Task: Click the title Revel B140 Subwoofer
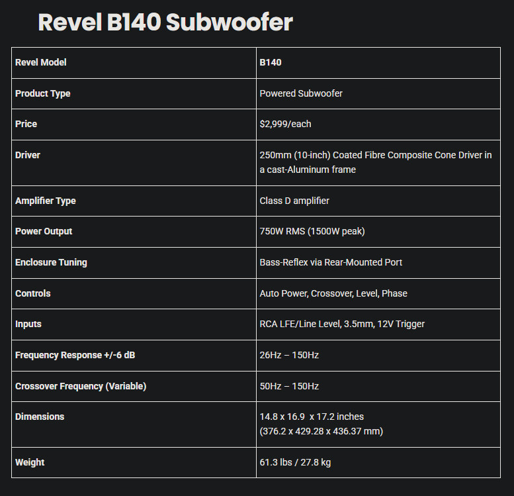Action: click(x=165, y=23)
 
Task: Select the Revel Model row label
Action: click(x=40, y=62)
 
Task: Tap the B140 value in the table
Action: click(x=271, y=62)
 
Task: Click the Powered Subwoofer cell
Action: click(x=301, y=93)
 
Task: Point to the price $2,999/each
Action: click(x=285, y=124)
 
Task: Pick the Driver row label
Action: click(x=28, y=155)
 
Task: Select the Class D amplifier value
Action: click(x=294, y=201)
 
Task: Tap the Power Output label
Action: click(x=44, y=231)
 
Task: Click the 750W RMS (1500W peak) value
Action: click(x=312, y=231)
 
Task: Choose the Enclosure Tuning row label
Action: click(x=51, y=262)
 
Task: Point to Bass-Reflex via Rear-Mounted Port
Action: click(x=331, y=262)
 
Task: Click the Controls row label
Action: click(x=33, y=293)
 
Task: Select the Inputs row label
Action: click(x=28, y=324)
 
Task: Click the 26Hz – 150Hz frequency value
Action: click(x=289, y=355)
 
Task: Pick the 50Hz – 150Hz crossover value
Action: click(x=289, y=386)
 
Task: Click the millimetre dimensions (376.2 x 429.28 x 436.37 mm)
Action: click(x=321, y=431)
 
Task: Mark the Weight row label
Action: click(x=30, y=462)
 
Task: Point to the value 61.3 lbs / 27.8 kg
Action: click(x=295, y=462)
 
